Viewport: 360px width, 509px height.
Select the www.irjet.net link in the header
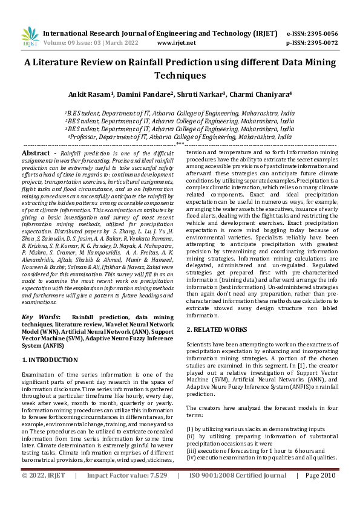(176, 43)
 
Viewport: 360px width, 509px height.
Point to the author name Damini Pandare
(146, 94)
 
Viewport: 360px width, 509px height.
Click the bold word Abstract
(35, 154)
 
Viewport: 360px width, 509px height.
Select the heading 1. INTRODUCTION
(50, 359)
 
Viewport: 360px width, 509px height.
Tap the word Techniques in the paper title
(180, 76)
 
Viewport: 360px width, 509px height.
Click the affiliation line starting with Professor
(180, 137)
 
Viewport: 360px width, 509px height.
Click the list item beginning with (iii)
(256, 450)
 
